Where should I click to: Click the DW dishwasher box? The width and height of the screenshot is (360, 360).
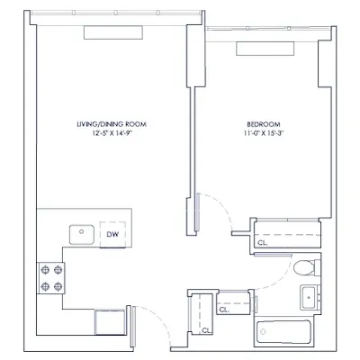tap(112, 235)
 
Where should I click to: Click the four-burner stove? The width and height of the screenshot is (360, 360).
tap(49, 277)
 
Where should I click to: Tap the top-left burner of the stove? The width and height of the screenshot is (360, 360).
tap(42, 269)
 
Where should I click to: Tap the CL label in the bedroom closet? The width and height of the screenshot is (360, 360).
tap(262, 242)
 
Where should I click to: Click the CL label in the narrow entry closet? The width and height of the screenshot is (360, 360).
tap(206, 330)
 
